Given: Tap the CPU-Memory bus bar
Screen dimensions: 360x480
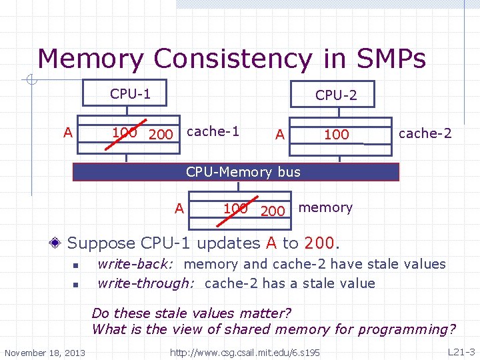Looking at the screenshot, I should tap(243, 172).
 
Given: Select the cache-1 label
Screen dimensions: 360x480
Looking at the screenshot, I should tap(213, 131).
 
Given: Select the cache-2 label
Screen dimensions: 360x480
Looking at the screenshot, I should tap(425, 133).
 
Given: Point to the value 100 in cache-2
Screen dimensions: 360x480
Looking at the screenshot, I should tap(336, 135).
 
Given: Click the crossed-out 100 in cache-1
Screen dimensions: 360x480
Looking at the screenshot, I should tap(125, 132).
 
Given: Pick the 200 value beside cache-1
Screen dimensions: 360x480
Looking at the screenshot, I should tap(161, 135).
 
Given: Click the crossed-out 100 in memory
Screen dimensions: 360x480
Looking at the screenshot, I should tap(235, 208).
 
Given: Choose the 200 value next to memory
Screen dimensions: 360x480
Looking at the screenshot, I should tap(273, 211).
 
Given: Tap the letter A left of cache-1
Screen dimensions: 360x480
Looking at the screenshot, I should tap(67, 132).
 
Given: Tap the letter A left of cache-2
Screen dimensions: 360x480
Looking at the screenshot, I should tap(280, 135).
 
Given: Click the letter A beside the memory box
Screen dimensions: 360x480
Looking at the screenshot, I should tap(179, 209).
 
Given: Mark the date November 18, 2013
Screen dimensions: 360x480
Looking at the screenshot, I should tap(45, 352).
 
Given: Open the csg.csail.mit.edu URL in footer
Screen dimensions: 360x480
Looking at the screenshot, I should tap(245, 352).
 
